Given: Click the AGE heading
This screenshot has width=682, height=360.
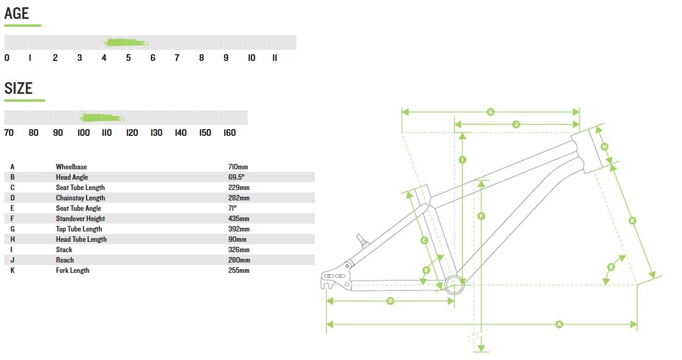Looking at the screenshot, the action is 16,13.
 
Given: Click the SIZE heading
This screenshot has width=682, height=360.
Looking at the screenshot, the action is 18,88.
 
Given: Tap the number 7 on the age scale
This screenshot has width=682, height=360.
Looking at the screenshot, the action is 177,57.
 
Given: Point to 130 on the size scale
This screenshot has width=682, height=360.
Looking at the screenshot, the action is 156,133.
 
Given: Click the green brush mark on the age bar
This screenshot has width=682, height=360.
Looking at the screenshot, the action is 126,42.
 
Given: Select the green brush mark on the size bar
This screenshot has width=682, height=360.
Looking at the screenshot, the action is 102,117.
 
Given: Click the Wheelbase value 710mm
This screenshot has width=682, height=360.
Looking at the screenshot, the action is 238,167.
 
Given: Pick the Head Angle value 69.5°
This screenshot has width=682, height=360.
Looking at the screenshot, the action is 236,177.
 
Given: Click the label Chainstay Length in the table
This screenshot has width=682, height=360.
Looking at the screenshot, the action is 80,198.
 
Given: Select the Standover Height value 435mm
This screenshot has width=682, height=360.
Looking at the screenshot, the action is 239,219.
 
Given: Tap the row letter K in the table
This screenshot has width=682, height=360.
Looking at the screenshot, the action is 12,270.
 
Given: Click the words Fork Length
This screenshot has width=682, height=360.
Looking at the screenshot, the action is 72,270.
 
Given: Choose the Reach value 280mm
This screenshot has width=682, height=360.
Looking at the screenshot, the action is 239,260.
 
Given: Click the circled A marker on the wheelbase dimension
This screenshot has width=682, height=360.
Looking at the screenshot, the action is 559,324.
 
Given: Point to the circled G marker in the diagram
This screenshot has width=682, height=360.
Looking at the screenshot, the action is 491,112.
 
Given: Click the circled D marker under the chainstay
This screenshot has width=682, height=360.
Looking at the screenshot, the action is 390,301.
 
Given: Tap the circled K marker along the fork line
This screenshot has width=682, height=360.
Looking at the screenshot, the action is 633,221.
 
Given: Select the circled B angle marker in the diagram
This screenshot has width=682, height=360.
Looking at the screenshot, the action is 611,267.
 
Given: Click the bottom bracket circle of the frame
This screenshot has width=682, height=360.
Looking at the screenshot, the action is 454,284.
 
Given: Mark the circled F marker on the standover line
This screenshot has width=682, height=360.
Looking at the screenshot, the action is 481,216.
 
